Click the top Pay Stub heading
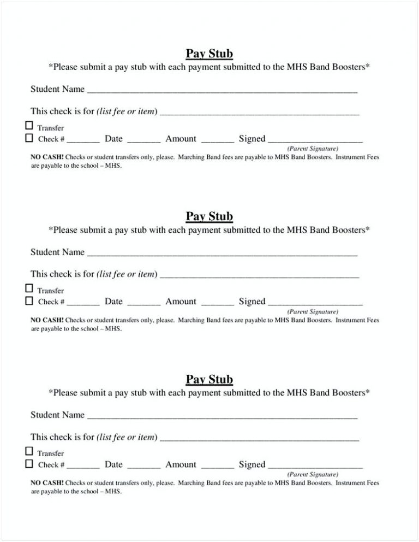[209, 54]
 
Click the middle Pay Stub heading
[209, 216]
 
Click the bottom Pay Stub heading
[209, 379]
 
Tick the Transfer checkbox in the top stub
[29, 126]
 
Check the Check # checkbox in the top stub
[29, 138]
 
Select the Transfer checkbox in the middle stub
[29, 288]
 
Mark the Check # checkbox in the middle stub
[29, 301]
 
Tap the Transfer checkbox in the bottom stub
[29, 451]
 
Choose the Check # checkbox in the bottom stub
[29, 464]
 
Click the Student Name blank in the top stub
[222, 91]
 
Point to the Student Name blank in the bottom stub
[222, 416]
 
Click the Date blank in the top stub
[143, 140]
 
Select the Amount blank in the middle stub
[217, 303]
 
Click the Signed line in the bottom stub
[315, 466]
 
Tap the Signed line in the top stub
[315, 140]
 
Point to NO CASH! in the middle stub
[47, 320]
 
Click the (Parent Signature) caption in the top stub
[313, 149]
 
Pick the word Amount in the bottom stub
[181, 464]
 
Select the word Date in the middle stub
[113, 302]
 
